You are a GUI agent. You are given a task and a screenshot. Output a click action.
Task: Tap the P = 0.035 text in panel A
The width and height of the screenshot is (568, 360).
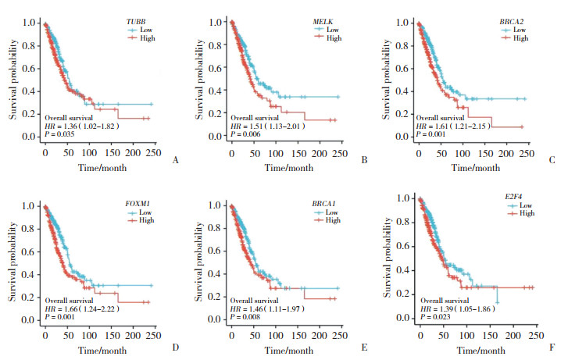point(62,134)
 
